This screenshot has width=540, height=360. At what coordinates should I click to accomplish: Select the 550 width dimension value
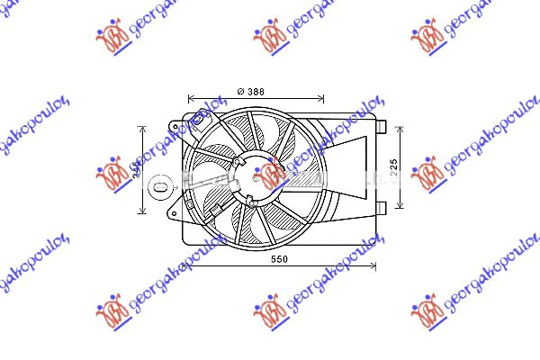click(279, 259)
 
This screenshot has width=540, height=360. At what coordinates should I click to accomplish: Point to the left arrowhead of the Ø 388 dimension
click(190, 99)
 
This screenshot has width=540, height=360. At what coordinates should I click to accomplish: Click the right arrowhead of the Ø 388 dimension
click(323, 99)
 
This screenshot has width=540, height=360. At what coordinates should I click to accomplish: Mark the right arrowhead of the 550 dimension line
click(375, 267)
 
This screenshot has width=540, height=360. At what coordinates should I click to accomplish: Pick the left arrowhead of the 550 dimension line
click(185, 267)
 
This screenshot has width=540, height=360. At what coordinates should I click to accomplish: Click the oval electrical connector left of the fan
click(157, 188)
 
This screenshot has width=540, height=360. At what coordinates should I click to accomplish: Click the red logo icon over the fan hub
click(270, 174)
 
